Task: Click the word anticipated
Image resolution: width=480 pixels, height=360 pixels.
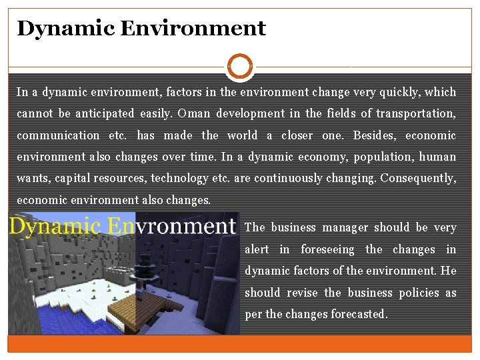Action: click(x=107, y=113)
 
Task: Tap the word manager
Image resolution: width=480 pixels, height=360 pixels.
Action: click(x=345, y=227)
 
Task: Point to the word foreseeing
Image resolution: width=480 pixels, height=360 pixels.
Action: click(x=328, y=249)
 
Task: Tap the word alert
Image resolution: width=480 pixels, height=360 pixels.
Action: click(x=257, y=249)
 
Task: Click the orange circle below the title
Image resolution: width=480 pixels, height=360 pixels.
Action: click(x=240, y=67)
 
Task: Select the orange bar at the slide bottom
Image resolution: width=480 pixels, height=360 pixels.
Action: click(x=240, y=343)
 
